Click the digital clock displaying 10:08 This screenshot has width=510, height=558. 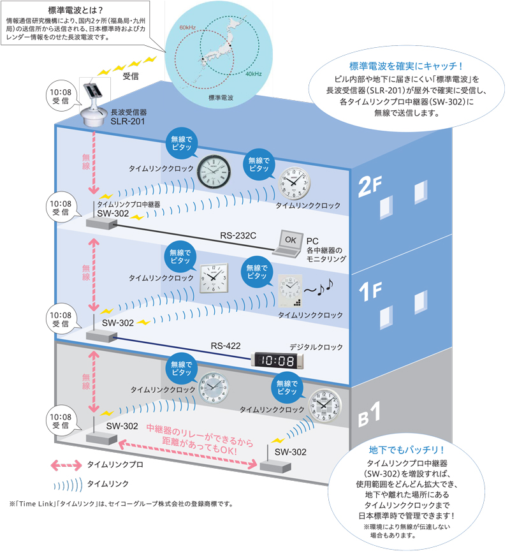pyautogui.click(x=279, y=360)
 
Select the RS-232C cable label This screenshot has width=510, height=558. pyautogui.click(x=238, y=235)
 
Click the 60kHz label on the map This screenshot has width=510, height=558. pyautogui.click(x=187, y=28)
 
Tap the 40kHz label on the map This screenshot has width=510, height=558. pyautogui.click(x=253, y=74)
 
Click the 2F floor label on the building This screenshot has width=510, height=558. pyautogui.click(x=369, y=186)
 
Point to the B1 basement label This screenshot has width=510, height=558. pyautogui.click(x=370, y=415)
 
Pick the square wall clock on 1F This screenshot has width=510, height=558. pyautogui.click(x=214, y=278)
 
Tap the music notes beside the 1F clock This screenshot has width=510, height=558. pyautogui.click(x=319, y=289)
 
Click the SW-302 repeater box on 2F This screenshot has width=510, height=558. pyautogui.click(x=99, y=223)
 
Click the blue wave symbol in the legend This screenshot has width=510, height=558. pyautogui.click(x=66, y=484)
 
